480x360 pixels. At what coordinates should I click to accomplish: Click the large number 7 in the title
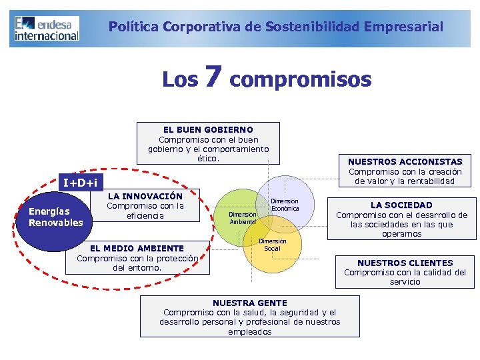213,77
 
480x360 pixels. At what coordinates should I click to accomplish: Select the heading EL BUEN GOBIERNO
208,129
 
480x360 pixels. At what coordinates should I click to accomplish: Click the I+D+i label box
80,182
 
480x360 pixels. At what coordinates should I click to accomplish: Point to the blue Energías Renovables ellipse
56,217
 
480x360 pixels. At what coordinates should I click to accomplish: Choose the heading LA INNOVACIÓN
145,196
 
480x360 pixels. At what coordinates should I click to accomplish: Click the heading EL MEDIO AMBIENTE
137,248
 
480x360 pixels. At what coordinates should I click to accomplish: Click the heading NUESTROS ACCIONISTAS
405,161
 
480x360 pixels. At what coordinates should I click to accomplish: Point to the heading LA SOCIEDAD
401,205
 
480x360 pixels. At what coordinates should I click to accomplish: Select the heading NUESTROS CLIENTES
405,263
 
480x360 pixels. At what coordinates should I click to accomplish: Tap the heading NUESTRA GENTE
249,303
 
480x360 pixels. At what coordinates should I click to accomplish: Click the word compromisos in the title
300,79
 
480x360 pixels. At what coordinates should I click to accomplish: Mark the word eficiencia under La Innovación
145,216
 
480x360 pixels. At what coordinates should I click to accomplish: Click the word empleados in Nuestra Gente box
249,331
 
